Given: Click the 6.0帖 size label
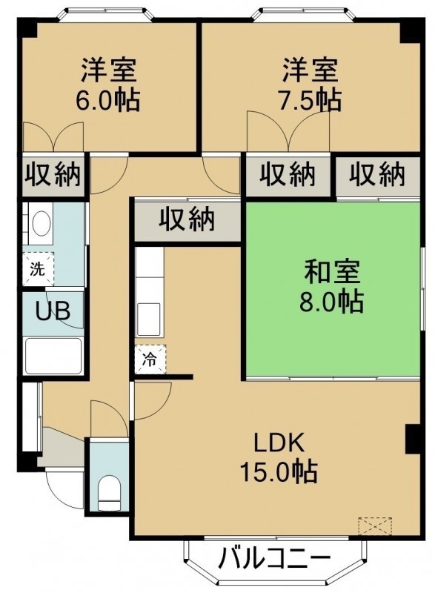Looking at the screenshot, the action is click(108, 100).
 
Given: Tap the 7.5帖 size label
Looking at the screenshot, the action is click(310, 100).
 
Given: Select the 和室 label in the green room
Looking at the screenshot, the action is click(332, 272).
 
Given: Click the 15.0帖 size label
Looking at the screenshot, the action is click(279, 471).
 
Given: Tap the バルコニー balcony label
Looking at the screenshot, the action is click(275, 558).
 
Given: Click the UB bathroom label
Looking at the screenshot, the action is click(53, 311).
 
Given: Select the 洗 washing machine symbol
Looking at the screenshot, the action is click(38, 269).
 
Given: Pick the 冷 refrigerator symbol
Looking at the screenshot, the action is click(150, 359).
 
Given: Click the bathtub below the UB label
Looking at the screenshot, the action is click(53, 356).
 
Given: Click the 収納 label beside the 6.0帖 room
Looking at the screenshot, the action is click(53, 174).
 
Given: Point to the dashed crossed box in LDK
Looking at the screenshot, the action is click(375, 526).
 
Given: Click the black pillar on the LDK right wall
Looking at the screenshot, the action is click(413, 440).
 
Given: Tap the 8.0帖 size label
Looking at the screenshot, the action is click(332, 302).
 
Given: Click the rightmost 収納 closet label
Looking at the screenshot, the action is click(376, 174).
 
